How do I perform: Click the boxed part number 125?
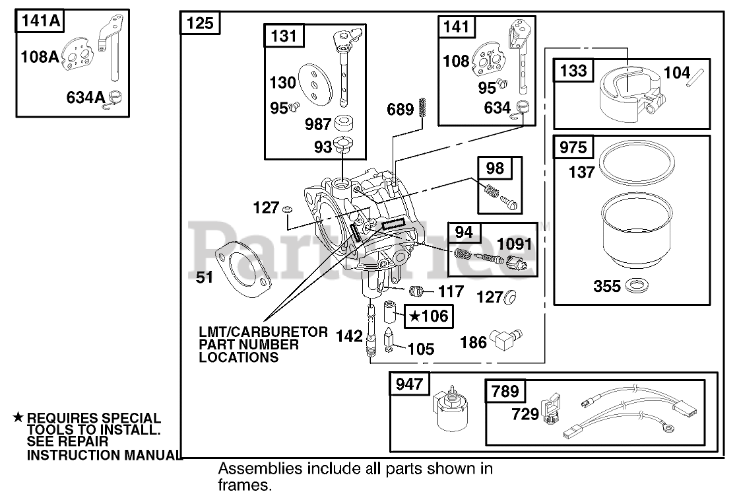pos(200,23)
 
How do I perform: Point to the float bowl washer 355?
pos(636,285)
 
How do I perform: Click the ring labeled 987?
pos(343,123)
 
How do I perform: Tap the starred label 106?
pos(428,316)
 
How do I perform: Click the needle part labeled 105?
pos(389,341)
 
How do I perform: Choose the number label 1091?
pos(514,244)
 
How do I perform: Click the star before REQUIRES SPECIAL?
pos(18,417)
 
